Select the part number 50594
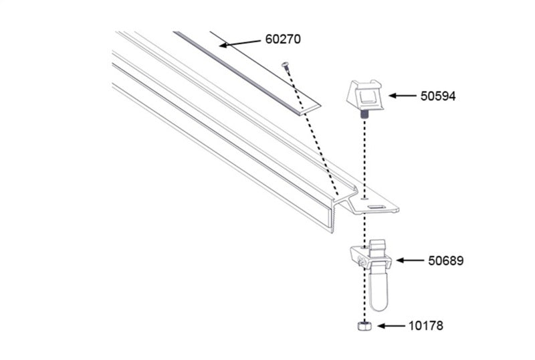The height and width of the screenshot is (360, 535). (x=438, y=96)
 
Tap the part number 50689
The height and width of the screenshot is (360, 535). (x=445, y=260)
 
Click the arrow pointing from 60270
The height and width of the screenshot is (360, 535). (x=240, y=43)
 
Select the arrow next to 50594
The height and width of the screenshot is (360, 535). (x=401, y=96)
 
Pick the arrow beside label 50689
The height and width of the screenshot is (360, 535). (x=411, y=260)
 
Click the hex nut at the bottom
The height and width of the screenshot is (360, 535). (x=364, y=327)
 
